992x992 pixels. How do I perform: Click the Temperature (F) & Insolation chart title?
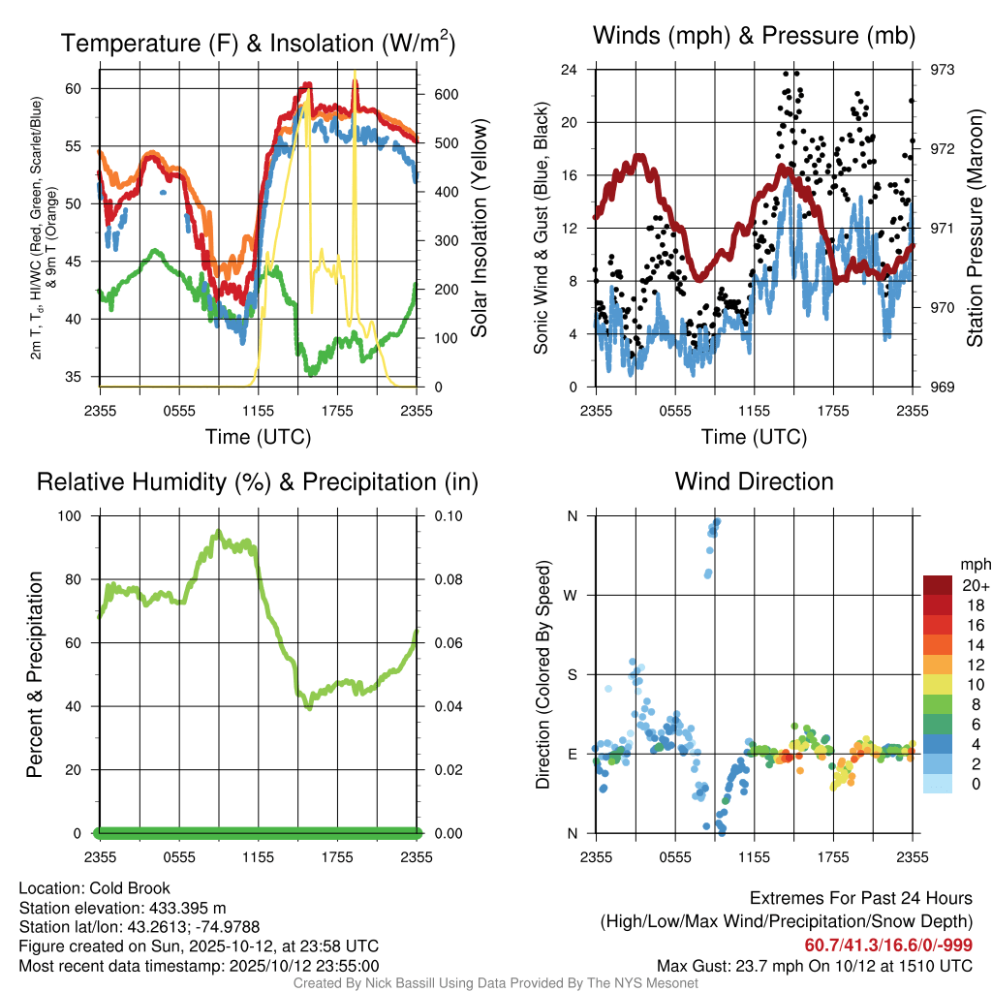(258, 44)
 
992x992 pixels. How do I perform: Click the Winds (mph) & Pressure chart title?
(754, 37)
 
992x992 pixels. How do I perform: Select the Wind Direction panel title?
(754, 481)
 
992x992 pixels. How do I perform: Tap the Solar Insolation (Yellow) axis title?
(479, 229)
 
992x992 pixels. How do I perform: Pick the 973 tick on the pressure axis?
(942, 70)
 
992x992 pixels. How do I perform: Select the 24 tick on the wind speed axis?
(570, 70)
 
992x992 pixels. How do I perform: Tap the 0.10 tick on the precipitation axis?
(447, 515)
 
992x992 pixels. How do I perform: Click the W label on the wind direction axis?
(572, 595)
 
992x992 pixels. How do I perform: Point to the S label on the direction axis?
(573, 674)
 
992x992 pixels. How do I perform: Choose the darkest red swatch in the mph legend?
(938, 585)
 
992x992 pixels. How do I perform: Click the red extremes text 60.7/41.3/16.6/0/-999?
(888, 945)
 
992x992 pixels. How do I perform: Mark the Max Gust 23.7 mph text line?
(815, 965)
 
